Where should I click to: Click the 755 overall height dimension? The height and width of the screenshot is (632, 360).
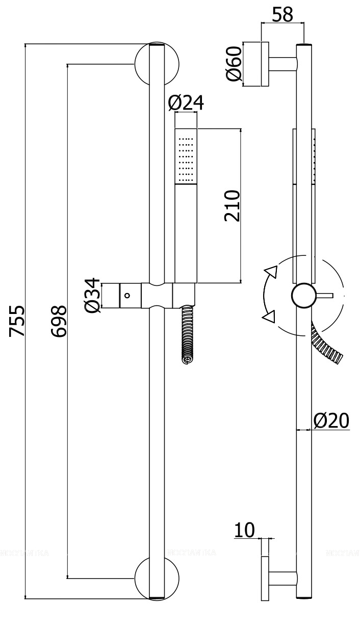[x=18, y=321]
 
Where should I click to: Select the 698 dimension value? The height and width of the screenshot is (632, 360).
[x=60, y=321]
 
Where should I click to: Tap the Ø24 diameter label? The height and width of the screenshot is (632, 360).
[x=186, y=103]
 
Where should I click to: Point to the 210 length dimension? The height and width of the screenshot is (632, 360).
[x=232, y=205]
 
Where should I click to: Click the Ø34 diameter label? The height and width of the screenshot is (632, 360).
[x=92, y=296]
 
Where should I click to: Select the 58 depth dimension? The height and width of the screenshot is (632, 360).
[x=282, y=15]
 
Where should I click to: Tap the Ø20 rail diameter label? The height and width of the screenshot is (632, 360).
[x=331, y=420]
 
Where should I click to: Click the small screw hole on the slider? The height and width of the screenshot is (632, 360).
[x=127, y=295]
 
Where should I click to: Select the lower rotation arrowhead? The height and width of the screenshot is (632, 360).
[x=269, y=317]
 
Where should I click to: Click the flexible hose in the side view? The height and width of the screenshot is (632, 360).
[x=329, y=348]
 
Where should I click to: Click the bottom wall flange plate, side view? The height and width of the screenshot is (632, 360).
[x=265, y=578]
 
